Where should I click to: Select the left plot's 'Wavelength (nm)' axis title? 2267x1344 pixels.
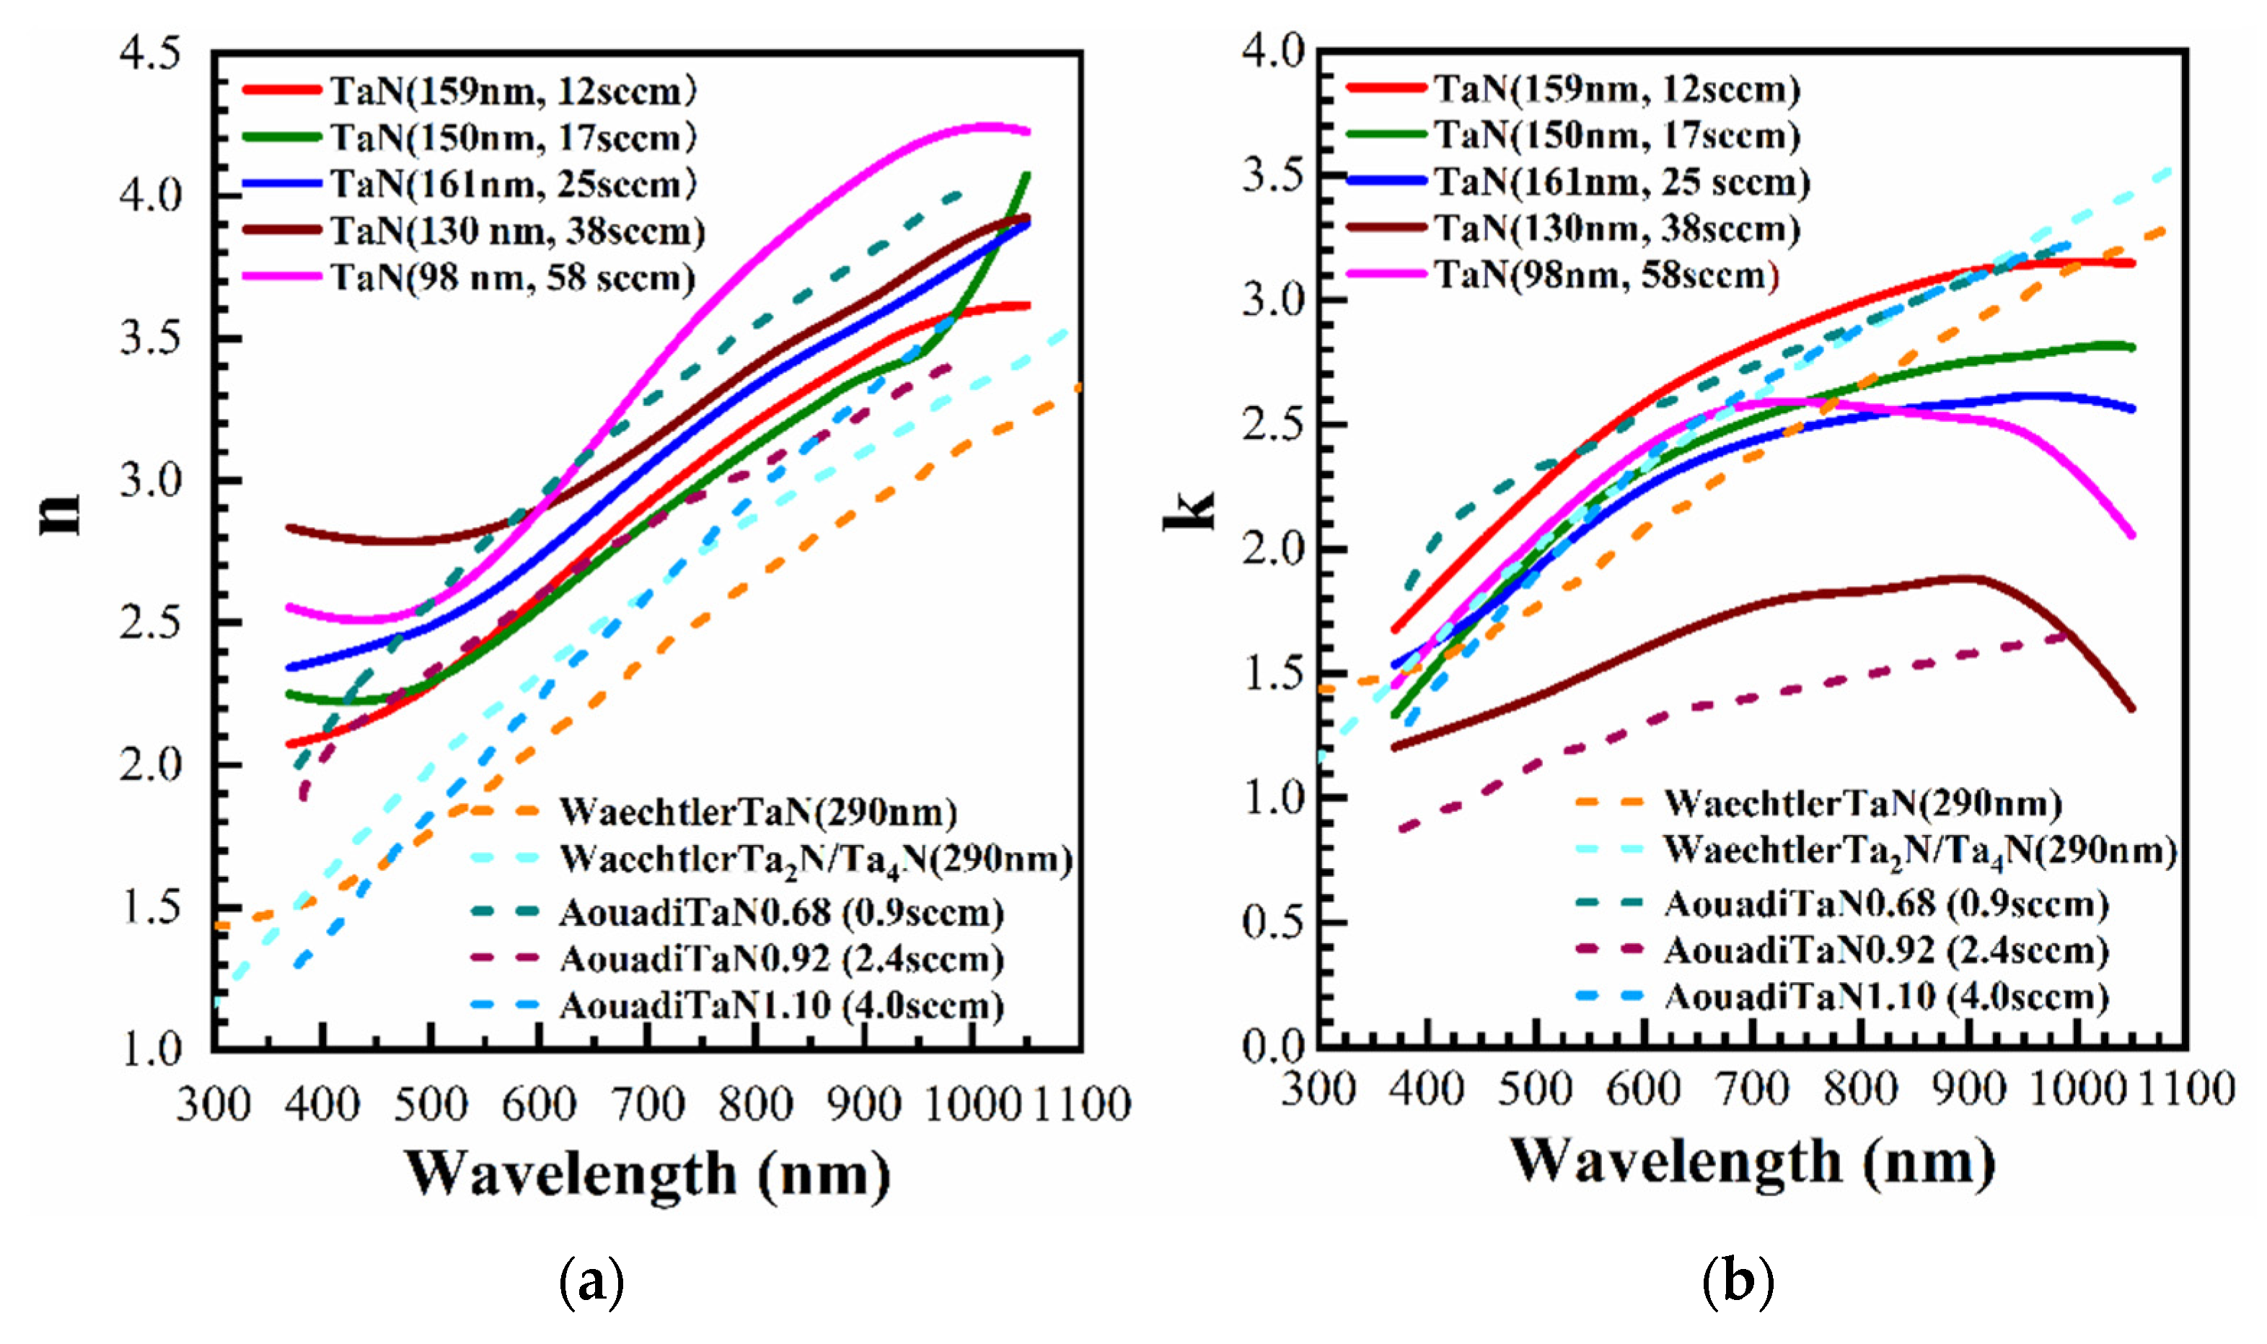pos(647,1175)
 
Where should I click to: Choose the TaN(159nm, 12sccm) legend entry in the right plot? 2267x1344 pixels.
pos(1616,89)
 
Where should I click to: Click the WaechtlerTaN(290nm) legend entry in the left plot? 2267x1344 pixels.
pos(757,811)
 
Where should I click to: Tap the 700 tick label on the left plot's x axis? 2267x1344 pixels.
pos(648,1105)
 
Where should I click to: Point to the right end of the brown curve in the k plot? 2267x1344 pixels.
pos(2132,708)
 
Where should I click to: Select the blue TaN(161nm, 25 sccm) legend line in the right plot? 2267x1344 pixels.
pos(1386,181)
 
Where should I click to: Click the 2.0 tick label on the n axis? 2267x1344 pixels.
pos(150,765)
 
